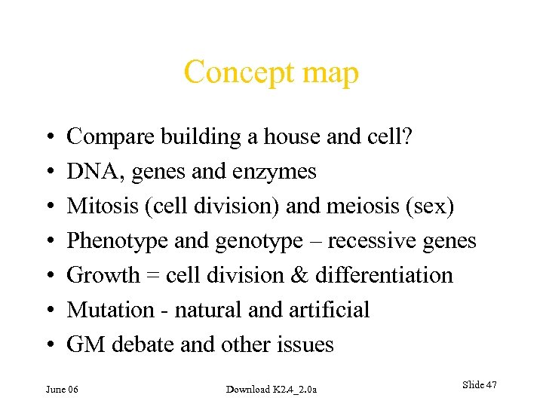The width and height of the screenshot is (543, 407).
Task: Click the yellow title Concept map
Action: [x=271, y=73]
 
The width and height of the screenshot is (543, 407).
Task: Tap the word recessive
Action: [x=363, y=241]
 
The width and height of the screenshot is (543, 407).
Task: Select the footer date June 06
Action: [x=63, y=389]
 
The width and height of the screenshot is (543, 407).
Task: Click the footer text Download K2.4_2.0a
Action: [x=271, y=389]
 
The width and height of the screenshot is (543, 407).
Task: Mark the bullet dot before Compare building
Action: [x=48, y=138]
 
